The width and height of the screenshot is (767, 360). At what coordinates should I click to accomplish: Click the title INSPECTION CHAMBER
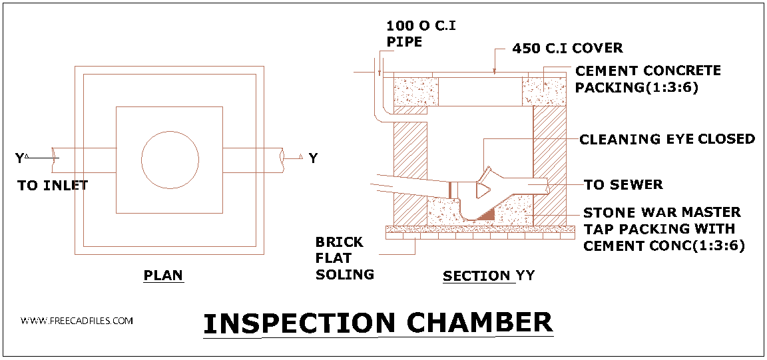click(x=378, y=323)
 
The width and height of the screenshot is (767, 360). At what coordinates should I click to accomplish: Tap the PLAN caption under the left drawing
click(x=163, y=275)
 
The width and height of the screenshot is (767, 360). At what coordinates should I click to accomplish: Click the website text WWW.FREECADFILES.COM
click(x=77, y=321)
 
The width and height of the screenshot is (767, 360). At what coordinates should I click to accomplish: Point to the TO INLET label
click(x=53, y=186)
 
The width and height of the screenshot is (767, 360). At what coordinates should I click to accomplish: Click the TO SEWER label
click(x=623, y=184)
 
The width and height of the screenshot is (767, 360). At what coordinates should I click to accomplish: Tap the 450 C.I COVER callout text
click(x=567, y=49)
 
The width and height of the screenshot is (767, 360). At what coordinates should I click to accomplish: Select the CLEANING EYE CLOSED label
click(x=667, y=139)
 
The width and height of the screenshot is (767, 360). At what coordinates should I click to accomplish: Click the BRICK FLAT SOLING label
click(x=345, y=258)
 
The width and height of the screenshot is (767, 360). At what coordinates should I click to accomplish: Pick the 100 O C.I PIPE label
click(x=421, y=33)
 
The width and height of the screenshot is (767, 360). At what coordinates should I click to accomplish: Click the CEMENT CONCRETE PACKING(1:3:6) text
click(x=647, y=79)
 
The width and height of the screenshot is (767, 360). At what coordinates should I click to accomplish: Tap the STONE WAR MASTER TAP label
click(x=662, y=213)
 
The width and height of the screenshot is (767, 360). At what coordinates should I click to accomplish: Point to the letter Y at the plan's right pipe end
click(x=313, y=158)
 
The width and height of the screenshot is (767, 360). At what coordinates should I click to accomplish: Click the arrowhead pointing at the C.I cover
click(x=494, y=70)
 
